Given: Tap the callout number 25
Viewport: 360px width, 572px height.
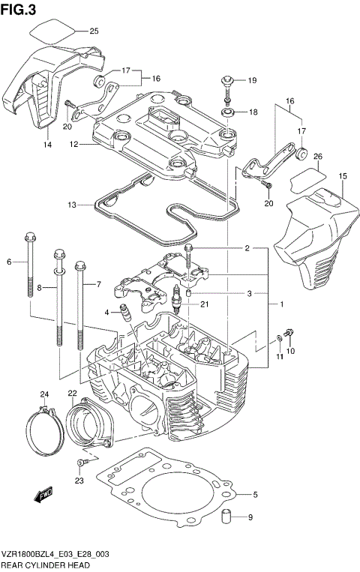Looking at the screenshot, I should pos(94,31).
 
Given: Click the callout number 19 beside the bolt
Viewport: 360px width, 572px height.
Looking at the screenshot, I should pos(252,80).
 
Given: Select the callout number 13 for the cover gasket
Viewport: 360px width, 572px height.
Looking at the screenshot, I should pos(71,204).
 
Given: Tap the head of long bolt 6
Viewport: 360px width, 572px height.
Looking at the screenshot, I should pos(28,235).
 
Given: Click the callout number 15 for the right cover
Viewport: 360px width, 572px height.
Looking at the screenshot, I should pos(343,176).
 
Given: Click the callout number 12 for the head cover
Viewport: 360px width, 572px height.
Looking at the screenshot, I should pos(72,145).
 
